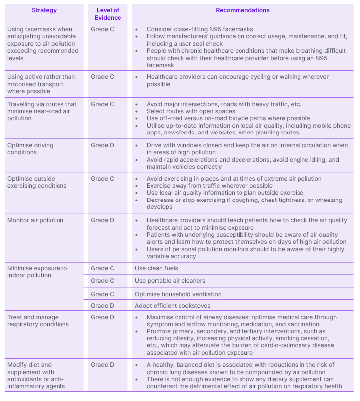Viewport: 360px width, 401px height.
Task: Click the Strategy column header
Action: click(x=44, y=10)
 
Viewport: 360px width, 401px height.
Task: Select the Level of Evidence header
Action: click(x=108, y=14)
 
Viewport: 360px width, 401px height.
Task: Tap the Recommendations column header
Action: click(x=242, y=10)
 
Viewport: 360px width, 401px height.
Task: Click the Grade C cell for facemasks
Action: click(x=102, y=29)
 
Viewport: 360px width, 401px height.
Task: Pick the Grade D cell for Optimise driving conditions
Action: click(x=102, y=145)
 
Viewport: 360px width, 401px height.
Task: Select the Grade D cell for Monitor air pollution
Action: click(x=102, y=220)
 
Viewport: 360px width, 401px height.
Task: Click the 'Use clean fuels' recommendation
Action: click(x=156, y=268)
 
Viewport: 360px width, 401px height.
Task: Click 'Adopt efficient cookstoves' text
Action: click(x=173, y=306)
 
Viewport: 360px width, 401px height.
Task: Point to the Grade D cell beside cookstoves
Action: click(x=102, y=306)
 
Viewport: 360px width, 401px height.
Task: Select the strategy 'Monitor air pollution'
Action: click(x=35, y=220)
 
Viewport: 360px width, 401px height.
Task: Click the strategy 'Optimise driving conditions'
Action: click(x=30, y=149)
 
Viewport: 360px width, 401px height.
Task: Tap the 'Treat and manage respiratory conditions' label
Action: click(x=38, y=321)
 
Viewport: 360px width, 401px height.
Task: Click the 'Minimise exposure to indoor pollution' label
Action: click(x=37, y=272)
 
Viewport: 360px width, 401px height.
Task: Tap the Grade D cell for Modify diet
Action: click(x=102, y=365)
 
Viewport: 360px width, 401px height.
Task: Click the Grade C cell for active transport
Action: click(x=102, y=77)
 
